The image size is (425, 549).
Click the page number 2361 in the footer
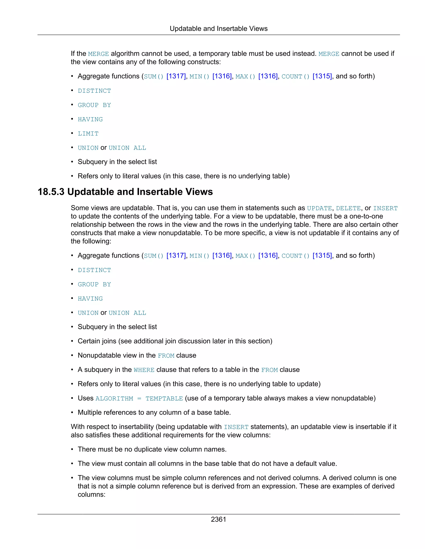coord(218,519)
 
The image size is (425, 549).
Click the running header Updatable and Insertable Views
coord(218,29)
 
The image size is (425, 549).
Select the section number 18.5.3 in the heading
coord(51,192)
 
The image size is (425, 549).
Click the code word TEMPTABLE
coord(164,398)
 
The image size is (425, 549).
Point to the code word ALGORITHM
coord(114,398)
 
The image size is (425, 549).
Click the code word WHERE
coord(144,370)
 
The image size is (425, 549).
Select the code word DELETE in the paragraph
coord(348,208)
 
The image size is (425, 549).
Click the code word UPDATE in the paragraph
coord(319,208)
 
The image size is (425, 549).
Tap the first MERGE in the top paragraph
coord(98,54)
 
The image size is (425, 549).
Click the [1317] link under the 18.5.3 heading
coord(176,256)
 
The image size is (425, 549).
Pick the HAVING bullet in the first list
coord(90,119)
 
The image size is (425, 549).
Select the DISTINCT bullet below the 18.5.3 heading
coord(94,270)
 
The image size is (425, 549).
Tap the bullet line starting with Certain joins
coord(175,341)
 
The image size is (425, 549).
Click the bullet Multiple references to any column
coord(154,412)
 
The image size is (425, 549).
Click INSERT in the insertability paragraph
coord(236,427)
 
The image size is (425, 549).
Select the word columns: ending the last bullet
coord(91,495)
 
